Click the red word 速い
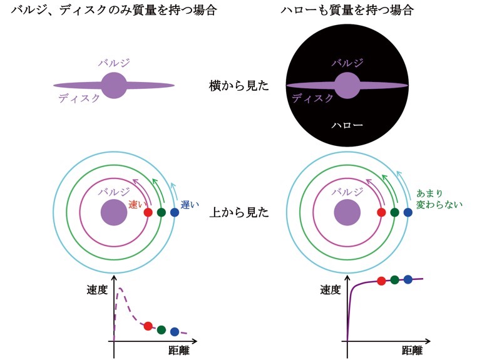tap(136, 204)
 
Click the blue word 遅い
tap(189, 204)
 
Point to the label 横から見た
tap(239, 86)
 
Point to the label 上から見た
tap(239, 213)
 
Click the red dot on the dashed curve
tap(148, 326)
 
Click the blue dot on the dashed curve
tap(174, 331)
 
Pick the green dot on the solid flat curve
tap(394, 280)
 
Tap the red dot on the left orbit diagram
tap(148, 213)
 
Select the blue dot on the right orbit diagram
tap(408, 213)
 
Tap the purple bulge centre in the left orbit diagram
tap(113, 213)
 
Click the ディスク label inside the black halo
tap(313, 98)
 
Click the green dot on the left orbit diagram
tap(162, 213)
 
